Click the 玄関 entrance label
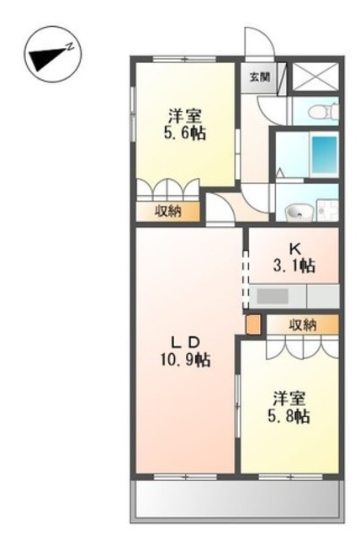[259, 77]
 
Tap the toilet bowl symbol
[323, 112]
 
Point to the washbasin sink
[299, 212]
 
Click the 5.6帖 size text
[185, 133]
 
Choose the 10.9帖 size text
[185, 360]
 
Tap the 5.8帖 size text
[289, 416]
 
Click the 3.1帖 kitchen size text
[294, 266]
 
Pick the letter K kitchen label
[294, 249]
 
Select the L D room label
[185, 342]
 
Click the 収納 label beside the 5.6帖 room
[168, 211]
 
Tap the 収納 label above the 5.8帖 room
[303, 324]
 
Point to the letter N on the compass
[71, 46]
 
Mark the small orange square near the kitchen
[254, 324]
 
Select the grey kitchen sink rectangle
[273, 296]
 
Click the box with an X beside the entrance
[315, 76]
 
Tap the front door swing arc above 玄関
[260, 40]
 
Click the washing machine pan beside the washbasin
[328, 210]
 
